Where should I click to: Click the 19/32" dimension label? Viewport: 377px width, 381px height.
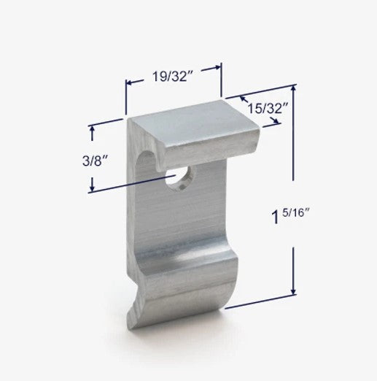(172, 77)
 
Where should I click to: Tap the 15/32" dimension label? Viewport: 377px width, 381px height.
(268, 108)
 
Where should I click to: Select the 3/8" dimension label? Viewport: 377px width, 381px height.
(95, 161)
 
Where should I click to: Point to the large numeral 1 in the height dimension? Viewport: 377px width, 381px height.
(276, 218)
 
